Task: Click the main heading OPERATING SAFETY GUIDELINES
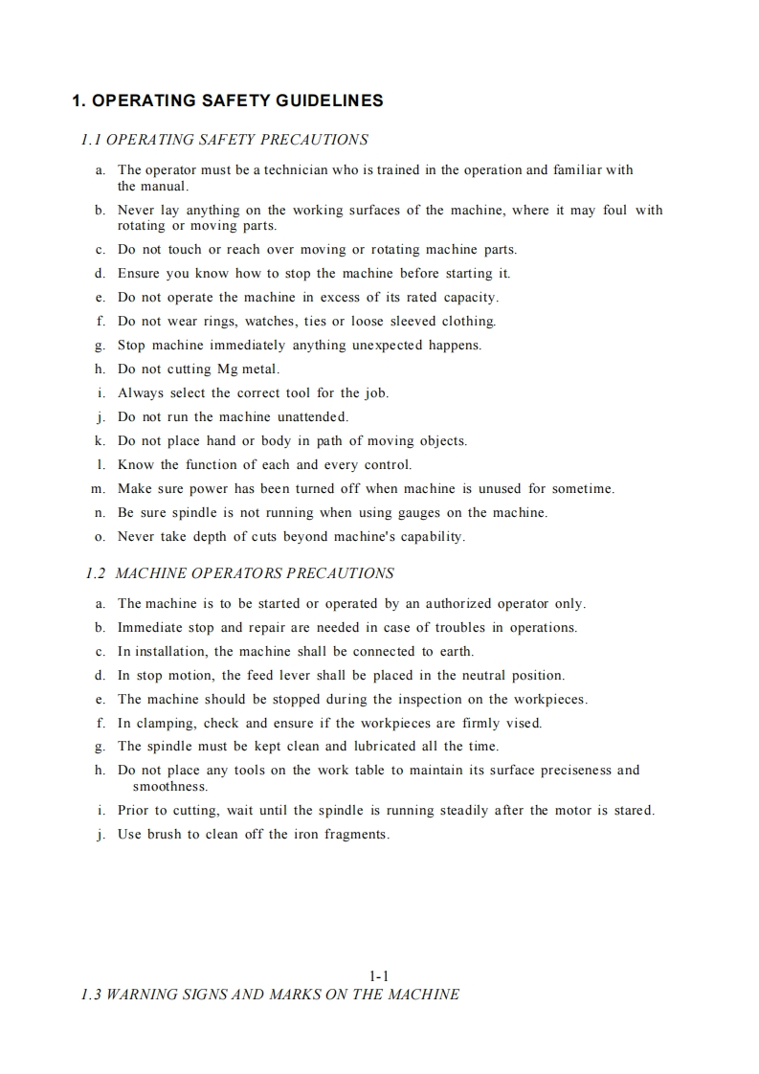click(229, 101)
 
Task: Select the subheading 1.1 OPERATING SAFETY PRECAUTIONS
click(225, 140)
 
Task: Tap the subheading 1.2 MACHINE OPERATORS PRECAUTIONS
click(239, 573)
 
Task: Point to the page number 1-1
click(379, 976)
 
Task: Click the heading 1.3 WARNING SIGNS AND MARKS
click(271, 995)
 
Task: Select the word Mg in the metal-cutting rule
click(230, 369)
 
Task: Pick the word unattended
click(312, 417)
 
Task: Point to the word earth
click(456, 652)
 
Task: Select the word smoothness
click(169, 787)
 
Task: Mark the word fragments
click(356, 835)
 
